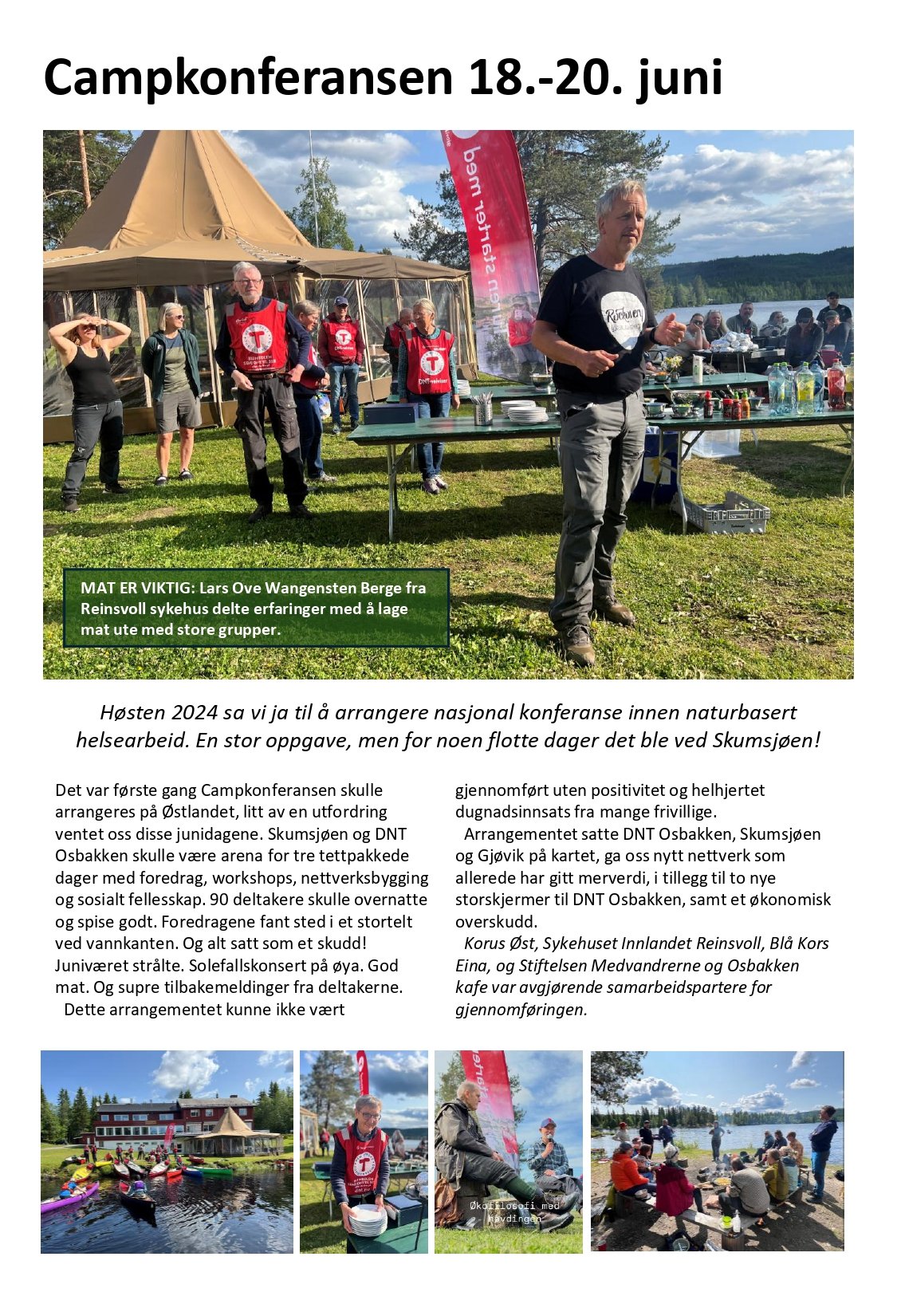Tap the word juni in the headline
coord(679,79)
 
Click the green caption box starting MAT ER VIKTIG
coord(256,608)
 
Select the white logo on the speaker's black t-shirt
coord(622,319)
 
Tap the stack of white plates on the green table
coord(526,412)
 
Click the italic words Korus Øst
coord(499,943)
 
